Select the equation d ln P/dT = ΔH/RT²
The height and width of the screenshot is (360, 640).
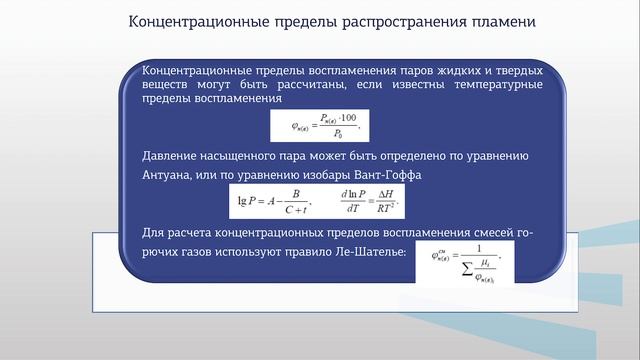click(369, 201)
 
